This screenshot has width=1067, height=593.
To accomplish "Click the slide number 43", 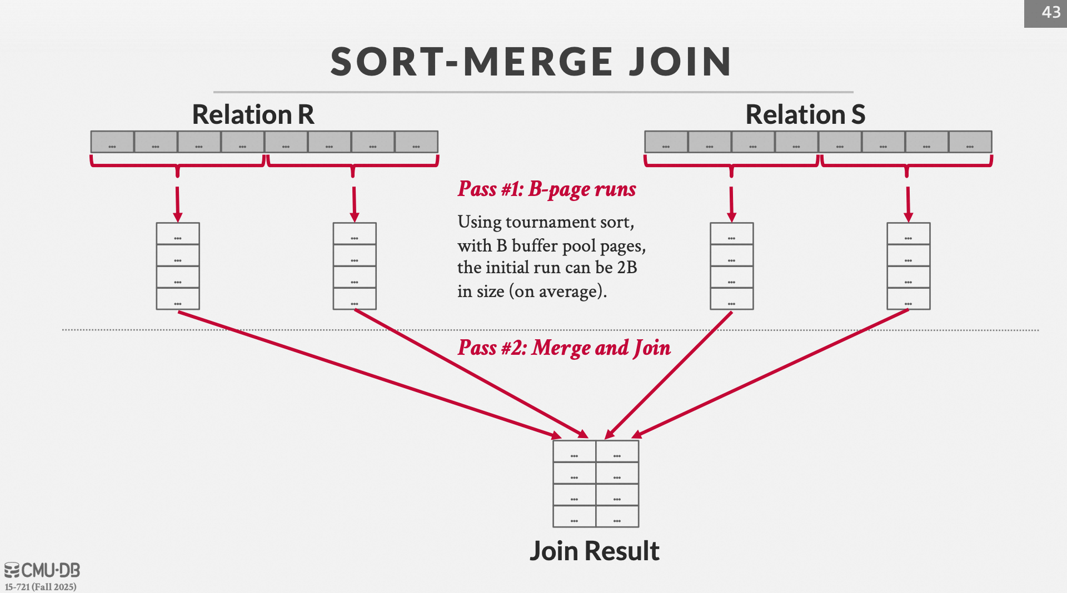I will [1050, 12].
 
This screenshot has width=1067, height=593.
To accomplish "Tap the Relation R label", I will [253, 114].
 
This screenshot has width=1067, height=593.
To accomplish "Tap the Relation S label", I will [805, 114].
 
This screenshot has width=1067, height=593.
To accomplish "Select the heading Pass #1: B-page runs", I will [547, 189].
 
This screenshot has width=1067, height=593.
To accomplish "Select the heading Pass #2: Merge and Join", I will [564, 348].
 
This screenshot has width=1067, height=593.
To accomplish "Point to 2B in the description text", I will [627, 268].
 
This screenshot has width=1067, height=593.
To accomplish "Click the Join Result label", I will [594, 551].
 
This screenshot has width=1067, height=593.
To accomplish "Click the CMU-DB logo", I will [42, 570].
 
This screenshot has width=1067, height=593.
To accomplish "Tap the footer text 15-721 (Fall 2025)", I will [41, 587].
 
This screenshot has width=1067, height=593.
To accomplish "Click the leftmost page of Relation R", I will [112, 142].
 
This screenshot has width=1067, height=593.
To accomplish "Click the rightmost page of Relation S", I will [970, 142].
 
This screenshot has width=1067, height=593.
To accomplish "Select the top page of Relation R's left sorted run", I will [178, 234].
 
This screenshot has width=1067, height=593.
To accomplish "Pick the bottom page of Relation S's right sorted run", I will [908, 299].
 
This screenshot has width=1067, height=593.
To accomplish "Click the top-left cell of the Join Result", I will [574, 451].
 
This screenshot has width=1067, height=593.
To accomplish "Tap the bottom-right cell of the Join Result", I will [617, 516].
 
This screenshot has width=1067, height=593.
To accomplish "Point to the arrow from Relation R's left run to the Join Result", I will [367, 375].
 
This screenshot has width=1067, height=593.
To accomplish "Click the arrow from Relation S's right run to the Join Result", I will [772, 372].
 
